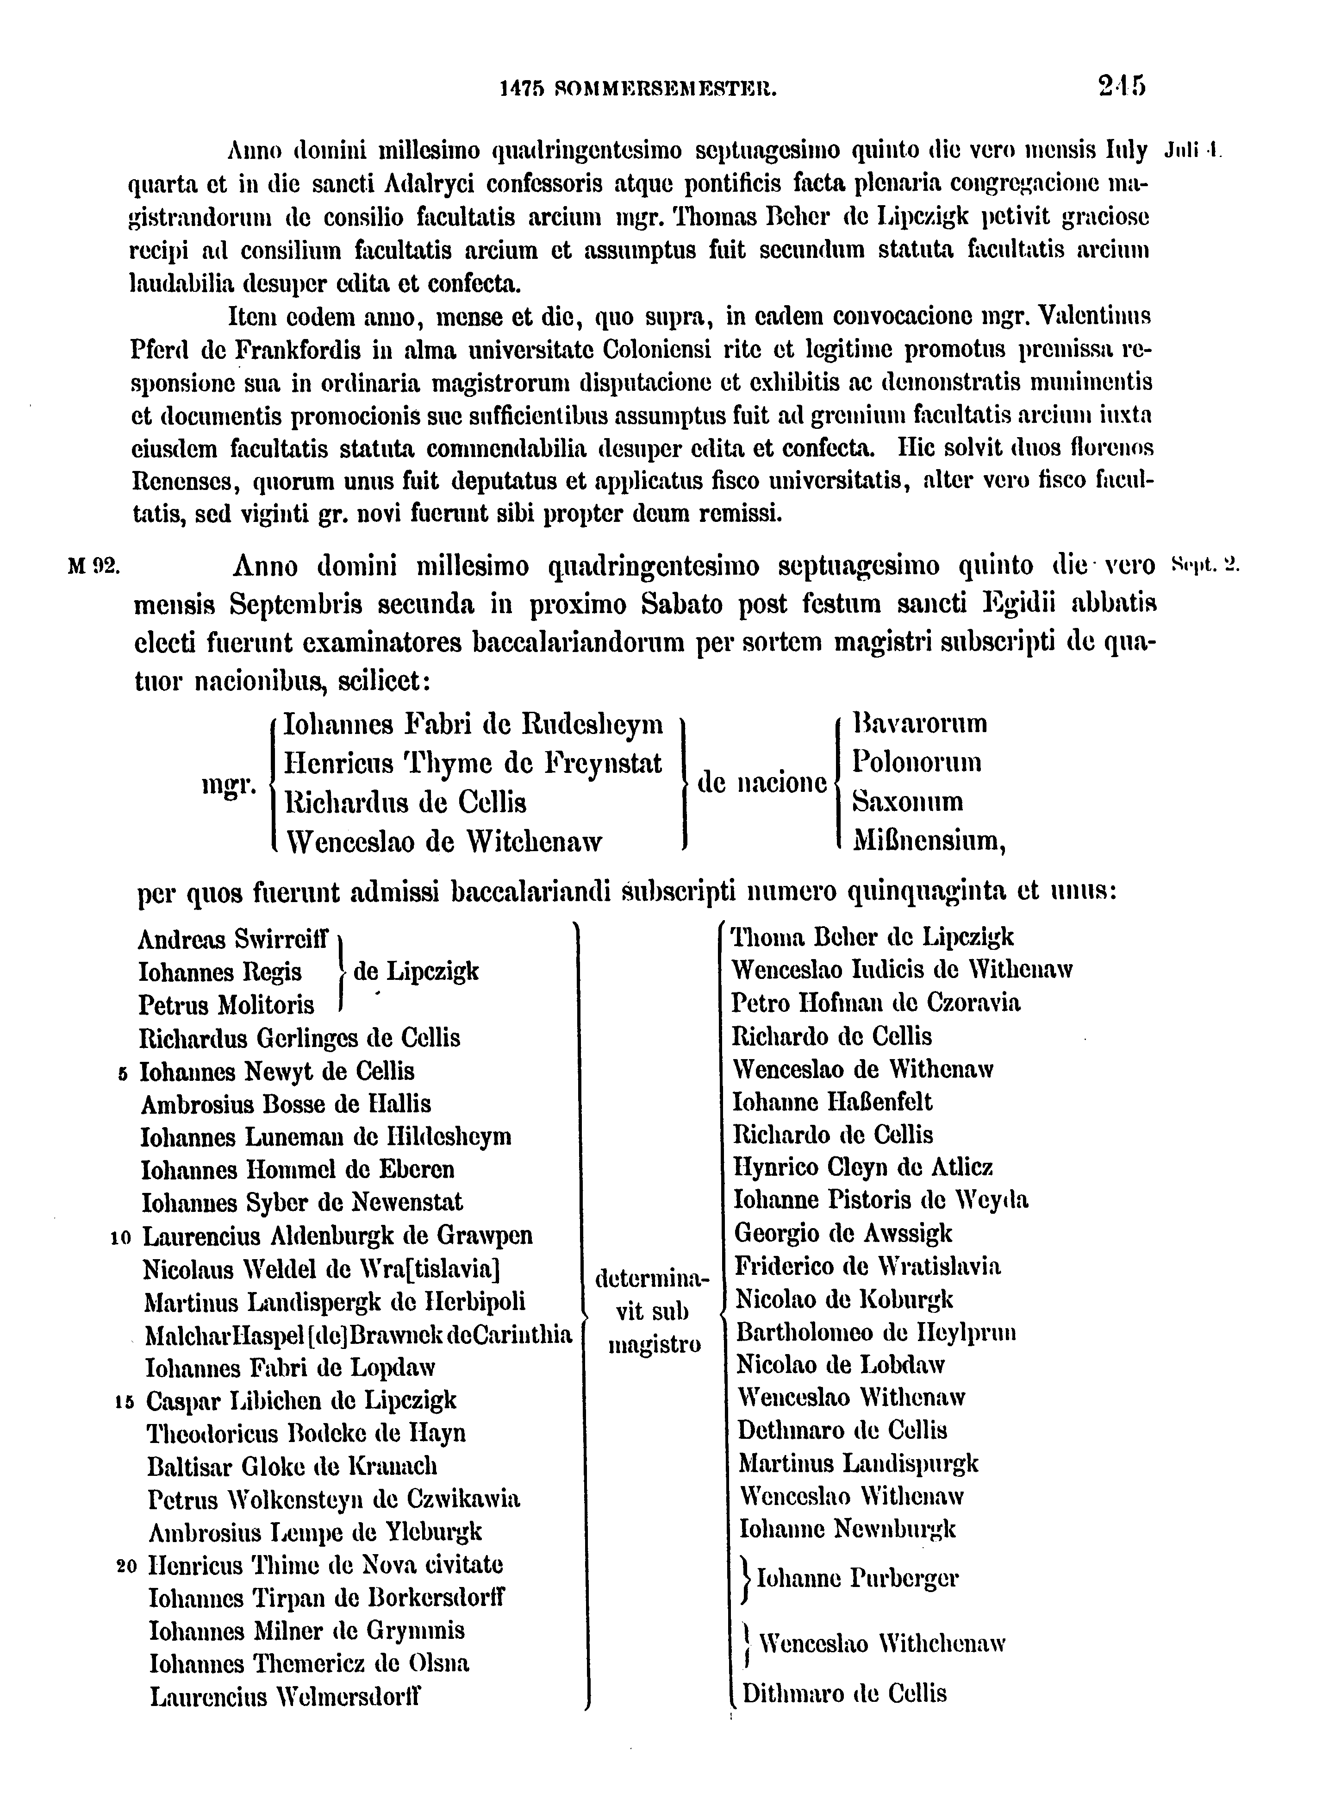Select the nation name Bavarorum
click(x=920, y=723)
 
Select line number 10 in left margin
click(x=120, y=1237)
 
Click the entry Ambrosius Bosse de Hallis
click(x=286, y=1104)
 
